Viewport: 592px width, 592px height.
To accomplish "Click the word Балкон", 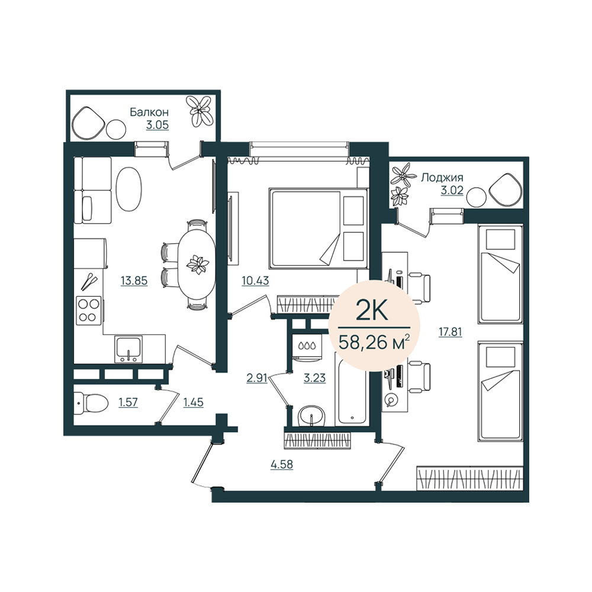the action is pyautogui.click(x=149, y=112).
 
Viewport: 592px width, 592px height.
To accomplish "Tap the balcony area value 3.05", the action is pyautogui.click(x=157, y=125).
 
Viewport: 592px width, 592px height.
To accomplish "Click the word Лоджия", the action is pyautogui.click(x=442, y=178).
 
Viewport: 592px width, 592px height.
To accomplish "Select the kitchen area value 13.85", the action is pyautogui.click(x=134, y=281).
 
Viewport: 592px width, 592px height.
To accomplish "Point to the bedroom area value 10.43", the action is pyautogui.click(x=256, y=281).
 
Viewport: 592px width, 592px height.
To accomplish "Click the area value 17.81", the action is pyautogui.click(x=450, y=332).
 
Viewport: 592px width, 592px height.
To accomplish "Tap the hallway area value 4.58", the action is pyautogui.click(x=282, y=464).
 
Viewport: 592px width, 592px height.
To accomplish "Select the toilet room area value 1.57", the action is pyautogui.click(x=128, y=403).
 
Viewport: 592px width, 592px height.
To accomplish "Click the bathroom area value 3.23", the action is pyautogui.click(x=314, y=378).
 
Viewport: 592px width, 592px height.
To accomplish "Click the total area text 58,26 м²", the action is pyautogui.click(x=374, y=342).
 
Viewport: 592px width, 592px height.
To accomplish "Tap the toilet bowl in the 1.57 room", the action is pyautogui.click(x=91, y=403).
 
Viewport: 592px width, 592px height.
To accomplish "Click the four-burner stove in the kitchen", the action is pyautogui.click(x=89, y=310).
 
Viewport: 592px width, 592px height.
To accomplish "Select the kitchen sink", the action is pyautogui.click(x=128, y=349).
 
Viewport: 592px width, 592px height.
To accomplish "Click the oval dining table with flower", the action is pyautogui.click(x=197, y=264).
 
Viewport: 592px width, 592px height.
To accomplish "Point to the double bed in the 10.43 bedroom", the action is pyautogui.click(x=318, y=229).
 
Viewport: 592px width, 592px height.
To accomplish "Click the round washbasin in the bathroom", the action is pyautogui.click(x=311, y=416).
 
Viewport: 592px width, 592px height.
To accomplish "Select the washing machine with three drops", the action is pyautogui.click(x=307, y=346).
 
